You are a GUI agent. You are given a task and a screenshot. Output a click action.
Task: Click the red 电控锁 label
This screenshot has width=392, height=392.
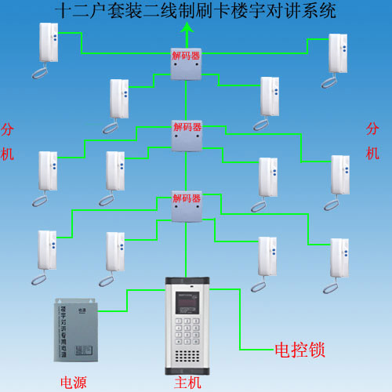pos(299,348)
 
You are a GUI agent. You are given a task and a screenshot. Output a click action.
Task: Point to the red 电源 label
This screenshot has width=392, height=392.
pos(77,383)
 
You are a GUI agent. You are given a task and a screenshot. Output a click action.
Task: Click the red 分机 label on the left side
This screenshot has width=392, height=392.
pos(8,141)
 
